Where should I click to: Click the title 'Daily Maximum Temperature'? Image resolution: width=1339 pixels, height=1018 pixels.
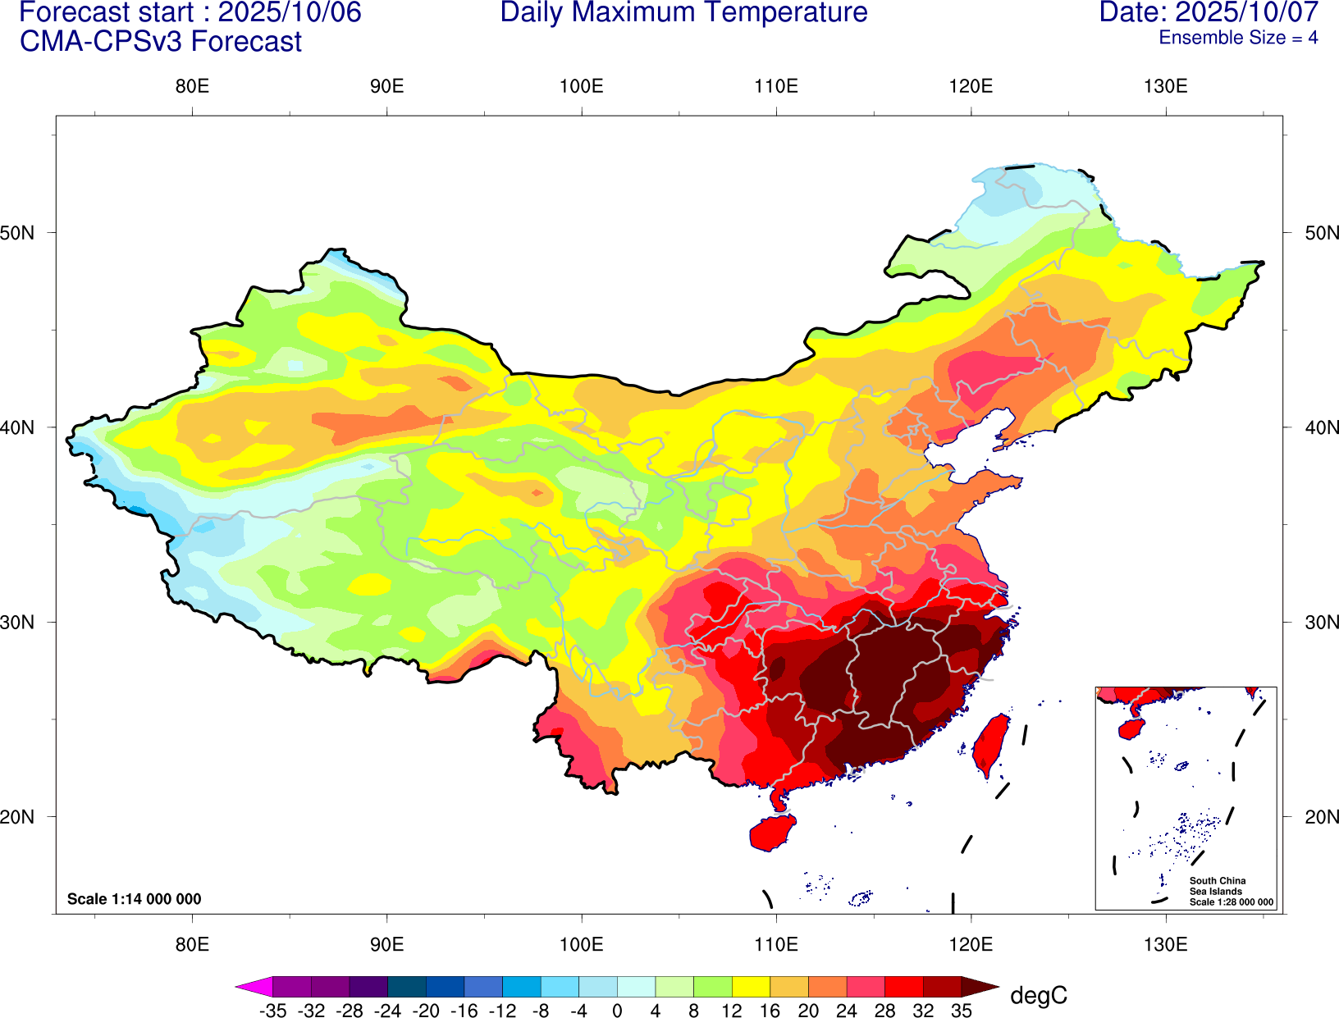coord(683,13)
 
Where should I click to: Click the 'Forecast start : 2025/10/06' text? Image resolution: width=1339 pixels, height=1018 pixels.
coord(190,13)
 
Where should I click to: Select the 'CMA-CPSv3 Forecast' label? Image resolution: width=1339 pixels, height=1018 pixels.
coord(161,42)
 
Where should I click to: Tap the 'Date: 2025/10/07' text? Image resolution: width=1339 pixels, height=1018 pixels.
coord(1209,13)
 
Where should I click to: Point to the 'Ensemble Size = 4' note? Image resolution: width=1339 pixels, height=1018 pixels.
coord(1238,38)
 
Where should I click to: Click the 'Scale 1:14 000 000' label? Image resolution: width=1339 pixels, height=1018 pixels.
coord(134,899)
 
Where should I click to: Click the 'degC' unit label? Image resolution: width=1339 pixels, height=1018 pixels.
coord(1038,996)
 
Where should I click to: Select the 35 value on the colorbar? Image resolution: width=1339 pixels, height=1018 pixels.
coord(962,1011)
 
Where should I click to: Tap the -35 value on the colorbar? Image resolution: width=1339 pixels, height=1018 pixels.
coord(272,1011)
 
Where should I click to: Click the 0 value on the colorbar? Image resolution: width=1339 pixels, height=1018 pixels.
coord(617,1011)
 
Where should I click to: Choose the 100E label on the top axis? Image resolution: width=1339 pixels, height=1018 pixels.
coord(581,87)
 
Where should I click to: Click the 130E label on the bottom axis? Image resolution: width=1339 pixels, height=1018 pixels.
coord(1165,944)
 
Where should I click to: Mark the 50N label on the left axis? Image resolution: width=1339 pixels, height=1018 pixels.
coord(18,233)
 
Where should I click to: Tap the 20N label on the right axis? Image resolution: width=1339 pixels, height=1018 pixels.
coord(1322,817)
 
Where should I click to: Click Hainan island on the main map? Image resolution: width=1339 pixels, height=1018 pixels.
coord(772,832)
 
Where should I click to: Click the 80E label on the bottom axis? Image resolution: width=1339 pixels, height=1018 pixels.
coord(192,944)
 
